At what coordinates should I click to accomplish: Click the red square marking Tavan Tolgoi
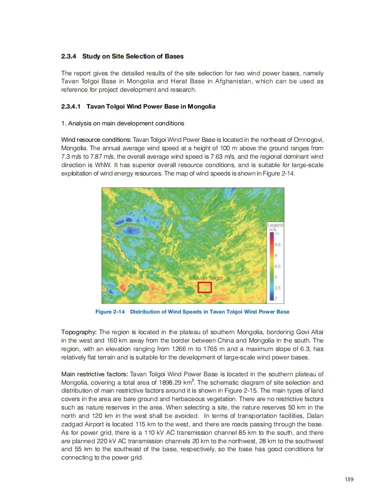(204, 287)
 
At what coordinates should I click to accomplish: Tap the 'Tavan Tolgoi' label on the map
(207, 278)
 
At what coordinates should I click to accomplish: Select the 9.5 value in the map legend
(277, 245)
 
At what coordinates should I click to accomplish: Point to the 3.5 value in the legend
(277, 287)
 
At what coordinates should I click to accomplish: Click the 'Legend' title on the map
(276, 226)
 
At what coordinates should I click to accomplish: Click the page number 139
(349, 479)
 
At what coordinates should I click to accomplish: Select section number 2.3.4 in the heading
(69, 56)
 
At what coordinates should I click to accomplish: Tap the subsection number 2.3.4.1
(72, 106)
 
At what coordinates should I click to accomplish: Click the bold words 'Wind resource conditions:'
(96, 140)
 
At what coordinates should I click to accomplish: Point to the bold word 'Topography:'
(79, 332)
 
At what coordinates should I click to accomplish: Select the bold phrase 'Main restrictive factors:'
(95, 374)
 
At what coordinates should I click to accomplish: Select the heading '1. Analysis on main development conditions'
(123, 123)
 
